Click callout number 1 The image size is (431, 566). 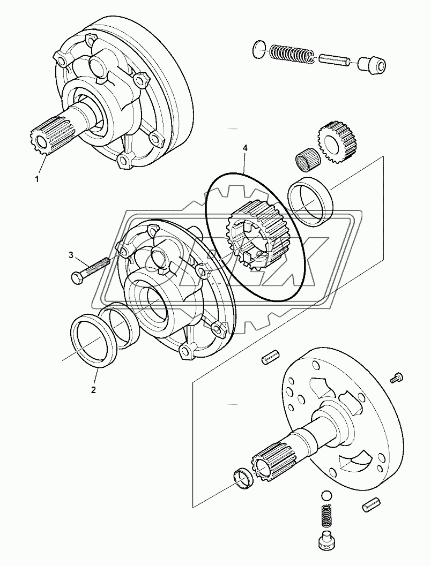(37, 179)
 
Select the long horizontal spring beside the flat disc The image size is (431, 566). (289, 54)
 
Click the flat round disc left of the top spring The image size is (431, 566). (258, 50)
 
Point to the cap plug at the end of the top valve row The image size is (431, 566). (371, 66)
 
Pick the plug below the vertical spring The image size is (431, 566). (327, 542)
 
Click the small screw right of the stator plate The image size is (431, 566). (397, 378)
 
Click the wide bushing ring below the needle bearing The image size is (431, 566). (311, 201)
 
